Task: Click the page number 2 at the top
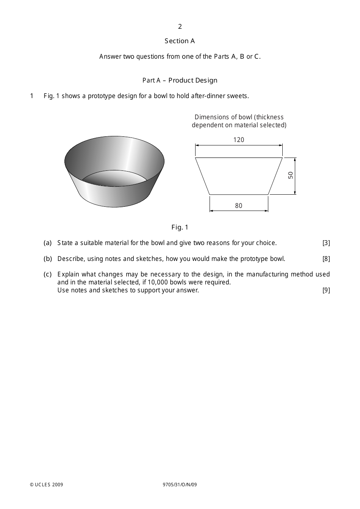click(180, 27)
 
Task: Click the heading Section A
click(180, 41)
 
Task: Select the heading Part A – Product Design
click(180, 80)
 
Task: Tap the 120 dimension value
click(239, 140)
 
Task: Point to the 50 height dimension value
click(291, 175)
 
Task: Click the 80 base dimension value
click(238, 206)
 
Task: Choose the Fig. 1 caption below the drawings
click(180, 227)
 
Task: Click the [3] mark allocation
click(326, 243)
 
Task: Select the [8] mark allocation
click(326, 259)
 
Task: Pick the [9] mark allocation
click(326, 290)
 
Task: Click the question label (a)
click(47, 243)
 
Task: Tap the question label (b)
click(48, 259)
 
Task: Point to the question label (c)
click(47, 274)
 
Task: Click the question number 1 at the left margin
click(32, 96)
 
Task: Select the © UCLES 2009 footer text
click(47, 485)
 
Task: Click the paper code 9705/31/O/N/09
click(180, 485)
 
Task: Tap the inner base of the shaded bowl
click(114, 179)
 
